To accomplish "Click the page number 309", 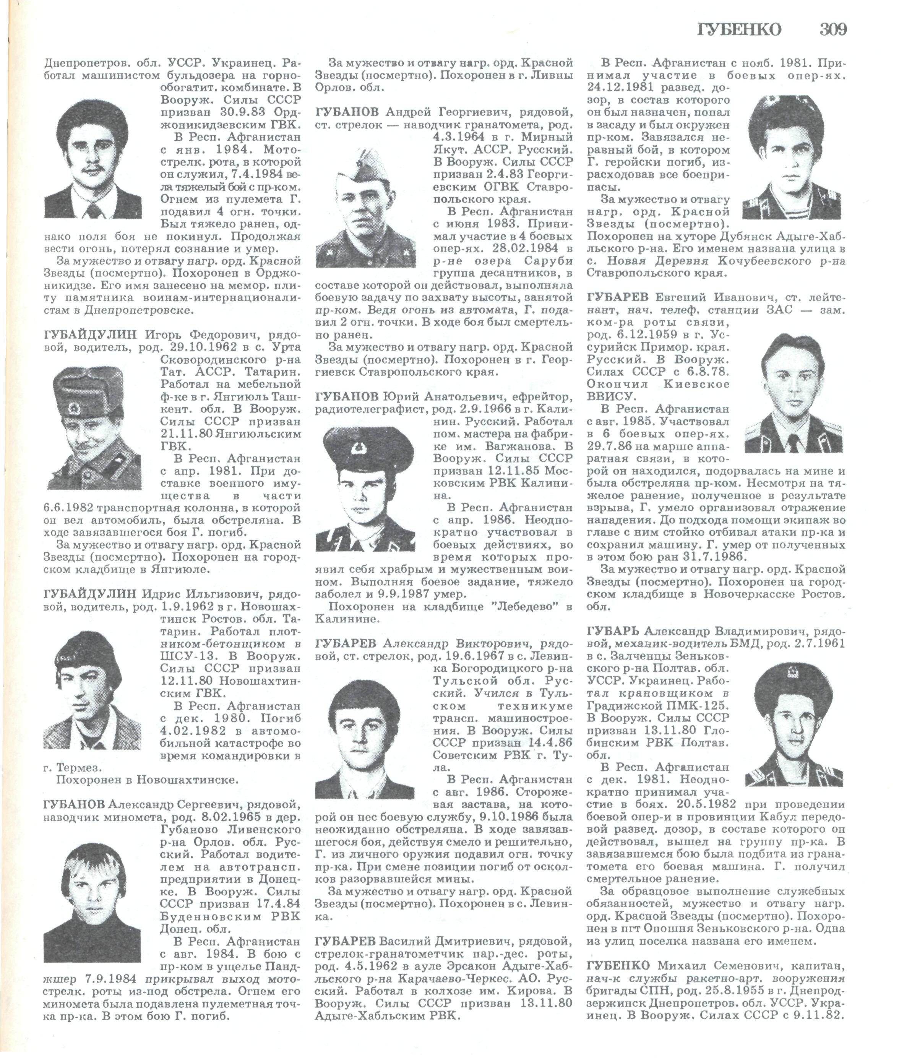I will tap(833, 29).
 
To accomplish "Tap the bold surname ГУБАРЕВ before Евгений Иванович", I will tap(618, 297).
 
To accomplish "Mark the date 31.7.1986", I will tap(716, 556).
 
